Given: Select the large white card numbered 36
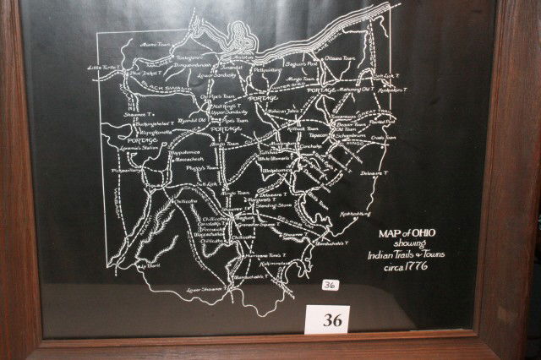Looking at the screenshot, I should [x=327, y=319].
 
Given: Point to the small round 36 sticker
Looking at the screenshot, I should [x=330, y=285].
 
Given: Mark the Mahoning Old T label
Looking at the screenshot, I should [x=352, y=88].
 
